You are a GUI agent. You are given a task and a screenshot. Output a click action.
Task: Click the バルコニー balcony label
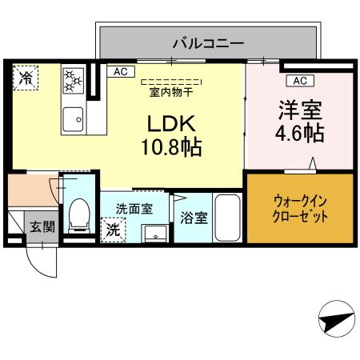pos(208,43)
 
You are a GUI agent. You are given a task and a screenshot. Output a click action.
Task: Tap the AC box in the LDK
pos(121,72)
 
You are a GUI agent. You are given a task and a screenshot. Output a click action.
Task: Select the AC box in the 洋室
pos(300,81)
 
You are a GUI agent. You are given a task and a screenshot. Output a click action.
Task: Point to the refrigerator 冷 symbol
pos(26,78)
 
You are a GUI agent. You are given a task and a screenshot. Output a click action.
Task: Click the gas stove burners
pos(74,81)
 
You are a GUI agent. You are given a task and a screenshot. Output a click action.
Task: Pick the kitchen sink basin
pos(74,119)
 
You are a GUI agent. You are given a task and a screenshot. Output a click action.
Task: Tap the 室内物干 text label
pos(171,93)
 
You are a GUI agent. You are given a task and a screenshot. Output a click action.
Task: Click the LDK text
pos(171,124)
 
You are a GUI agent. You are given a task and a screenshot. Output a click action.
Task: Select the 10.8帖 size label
pos(171,147)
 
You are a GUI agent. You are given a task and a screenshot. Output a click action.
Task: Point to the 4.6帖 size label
pos(300,133)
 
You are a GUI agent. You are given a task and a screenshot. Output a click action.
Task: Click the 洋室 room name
pos(300,110)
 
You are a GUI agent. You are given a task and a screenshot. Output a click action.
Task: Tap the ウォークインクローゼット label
pos(300,209)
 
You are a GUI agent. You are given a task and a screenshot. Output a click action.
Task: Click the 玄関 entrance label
pos(42,227)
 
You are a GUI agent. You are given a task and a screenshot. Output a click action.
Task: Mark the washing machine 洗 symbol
pos(113,230)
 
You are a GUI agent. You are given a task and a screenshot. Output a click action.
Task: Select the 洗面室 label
pos(134,209)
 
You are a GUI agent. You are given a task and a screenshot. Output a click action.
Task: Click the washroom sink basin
pos(155,234)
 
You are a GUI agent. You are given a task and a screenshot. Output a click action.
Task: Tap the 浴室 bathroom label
pos(194,218)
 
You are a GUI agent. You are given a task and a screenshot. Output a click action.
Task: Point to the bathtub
pos(227,218)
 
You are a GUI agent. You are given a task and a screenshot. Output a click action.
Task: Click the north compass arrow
pos(337,318)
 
